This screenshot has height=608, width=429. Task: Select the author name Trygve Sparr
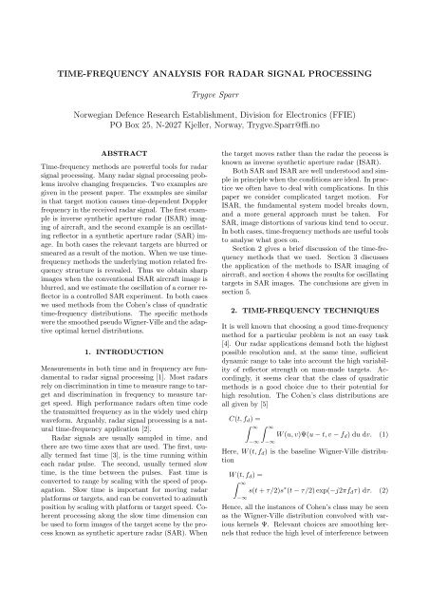(x=214, y=97)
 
